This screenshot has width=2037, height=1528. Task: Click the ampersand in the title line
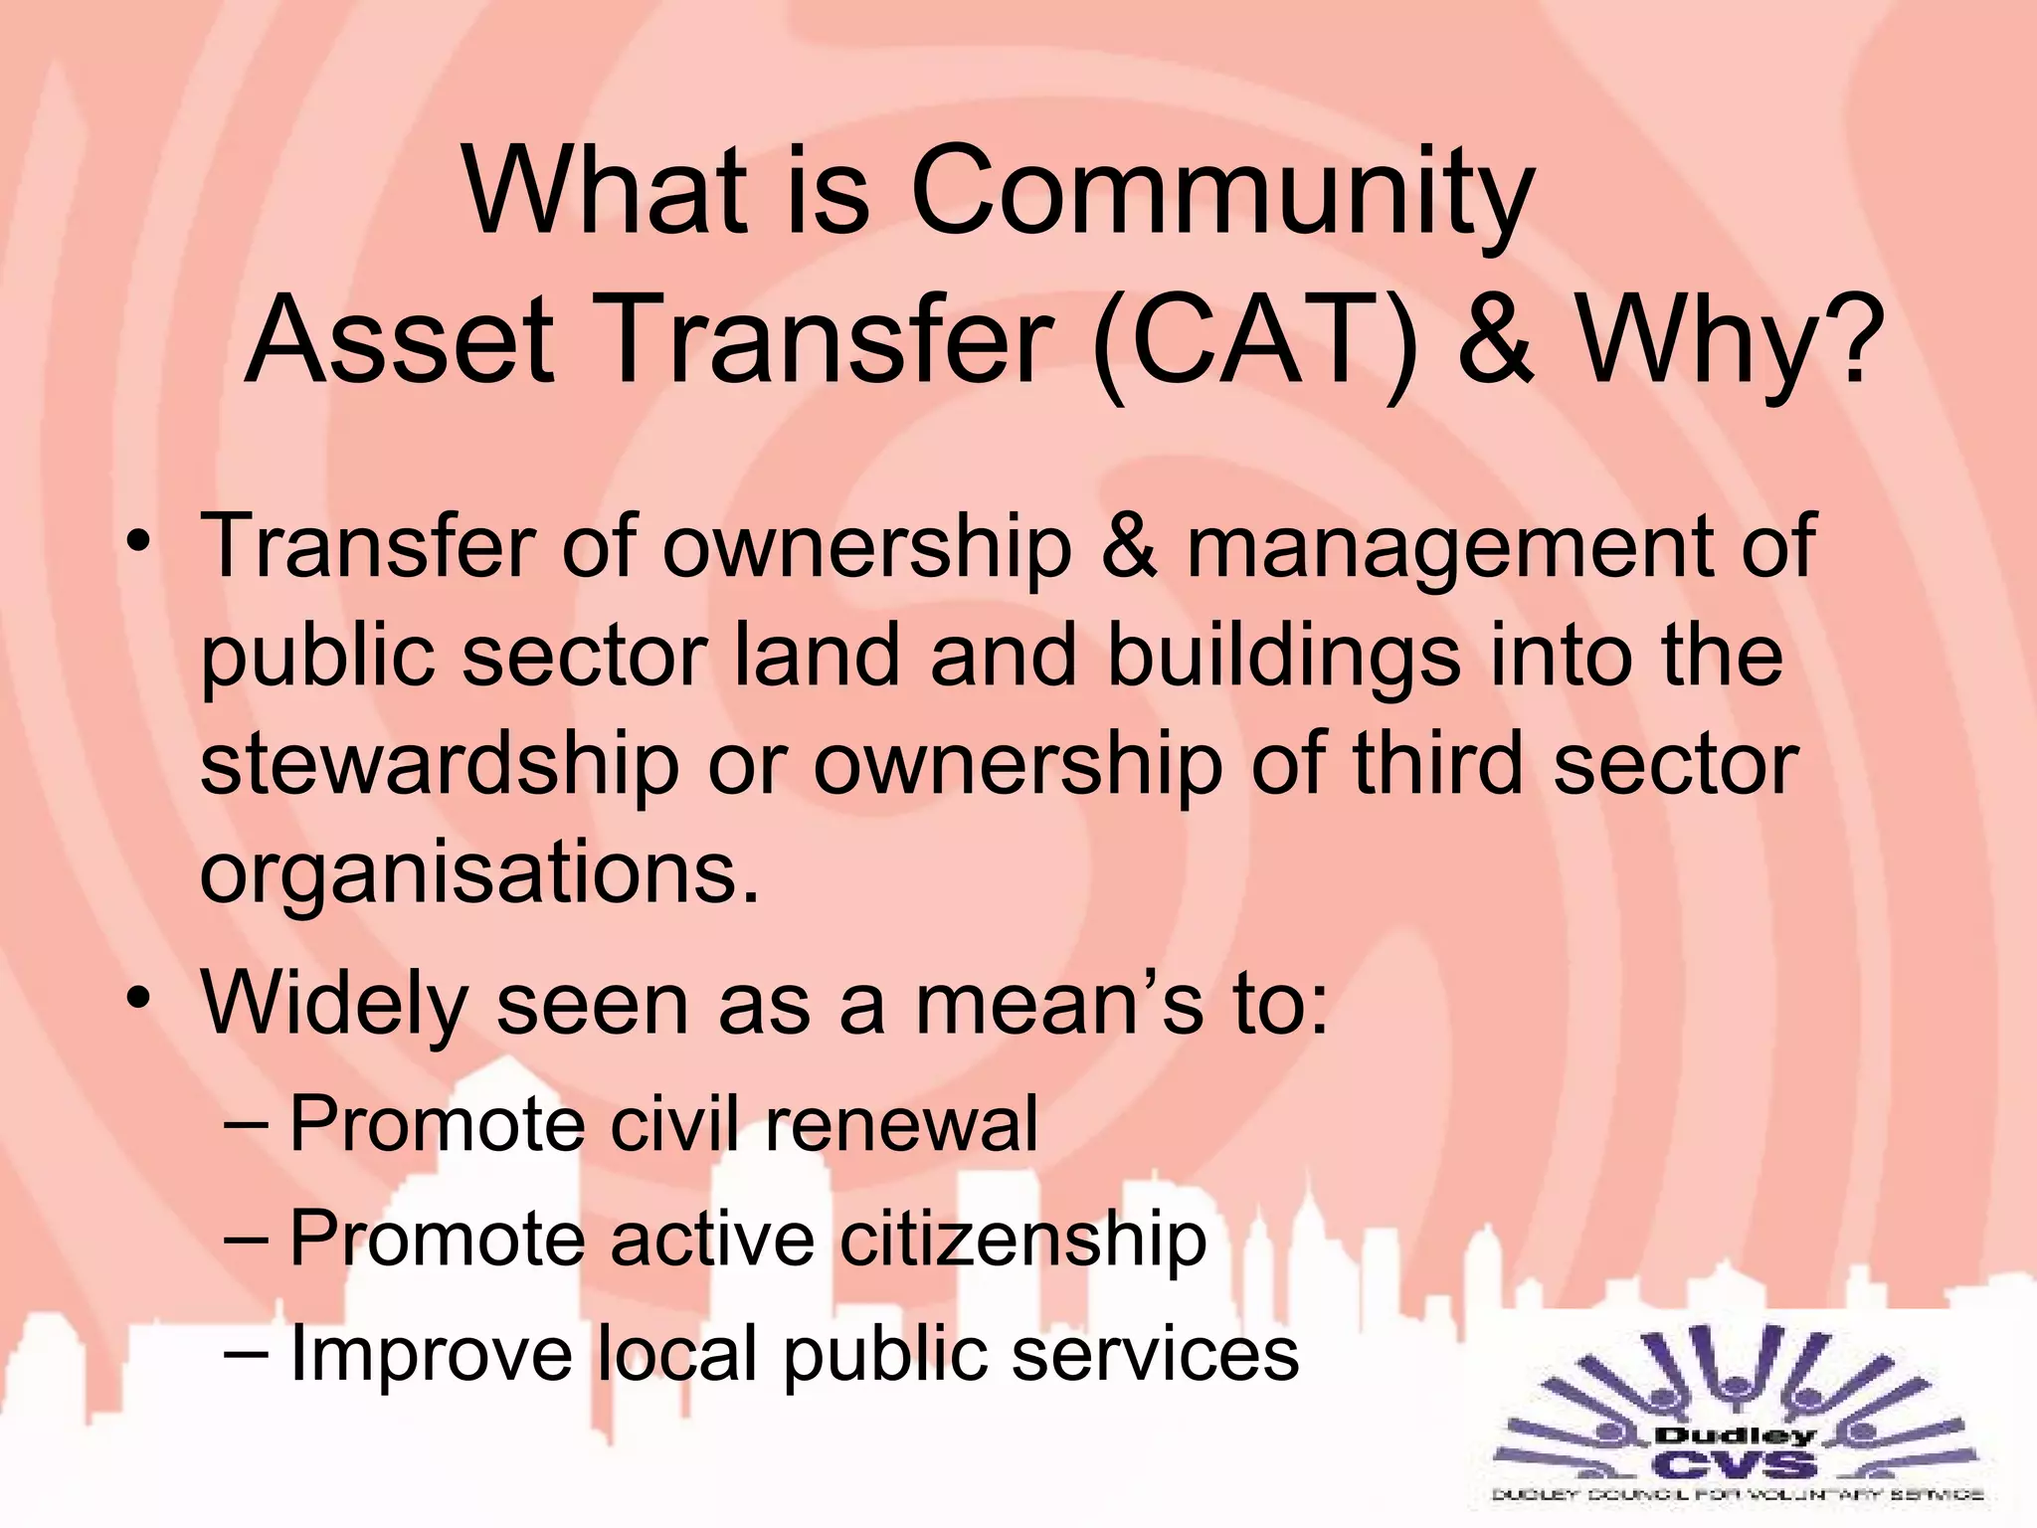(x=1496, y=338)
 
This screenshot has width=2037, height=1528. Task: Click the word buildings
(x=1283, y=657)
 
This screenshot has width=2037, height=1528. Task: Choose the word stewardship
(x=439, y=766)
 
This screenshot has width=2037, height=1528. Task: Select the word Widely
(x=334, y=1005)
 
